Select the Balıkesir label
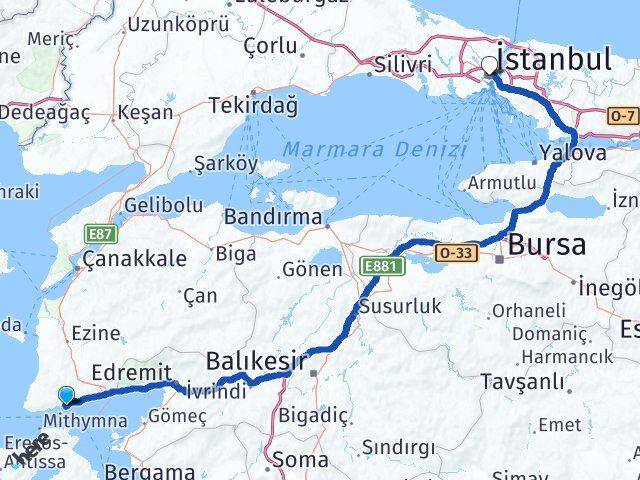click(255, 360)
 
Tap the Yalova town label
click(573, 154)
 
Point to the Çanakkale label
click(135, 258)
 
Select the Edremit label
click(125, 371)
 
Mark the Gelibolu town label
click(163, 205)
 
